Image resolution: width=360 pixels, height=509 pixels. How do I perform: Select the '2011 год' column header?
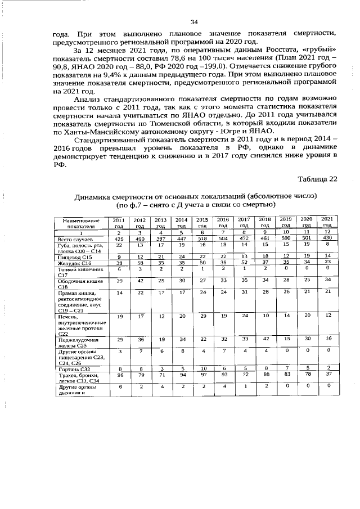(x=119, y=222)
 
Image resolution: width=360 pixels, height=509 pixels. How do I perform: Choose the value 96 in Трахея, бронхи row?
(x=119, y=374)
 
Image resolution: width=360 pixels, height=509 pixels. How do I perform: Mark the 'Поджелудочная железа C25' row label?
(x=78, y=343)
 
